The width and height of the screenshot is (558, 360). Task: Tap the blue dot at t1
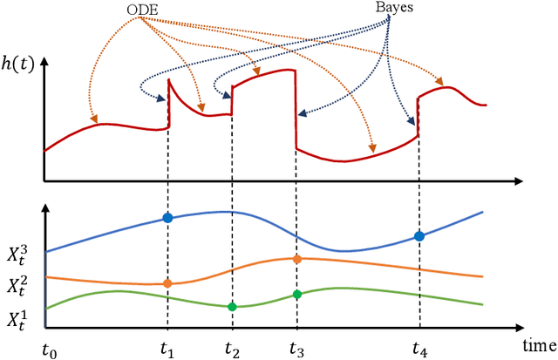click(167, 217)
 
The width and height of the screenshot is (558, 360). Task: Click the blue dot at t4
click(419, 236)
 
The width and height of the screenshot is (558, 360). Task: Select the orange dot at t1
click(167, 283)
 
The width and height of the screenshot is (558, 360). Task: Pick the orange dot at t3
click(296, 259)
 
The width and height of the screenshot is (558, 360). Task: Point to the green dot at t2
click(232, 306)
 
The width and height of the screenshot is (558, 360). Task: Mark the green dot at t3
click(296, 295)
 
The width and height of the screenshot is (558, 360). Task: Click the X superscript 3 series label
click(22, 255)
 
